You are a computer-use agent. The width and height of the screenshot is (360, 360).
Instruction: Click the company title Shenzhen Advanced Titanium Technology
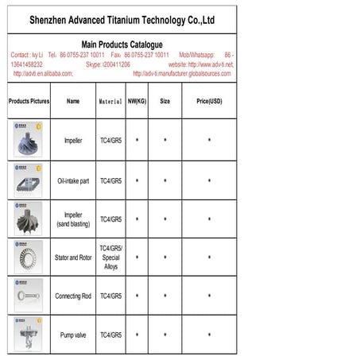pos(122,19)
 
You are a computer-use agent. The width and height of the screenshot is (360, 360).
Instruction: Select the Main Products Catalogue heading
pos(122,45)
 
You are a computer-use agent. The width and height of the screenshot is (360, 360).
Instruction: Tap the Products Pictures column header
pos(29,102)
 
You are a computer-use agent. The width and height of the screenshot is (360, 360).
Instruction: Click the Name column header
pos(73,102)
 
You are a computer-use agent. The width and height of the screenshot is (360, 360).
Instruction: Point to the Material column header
pos(110,102)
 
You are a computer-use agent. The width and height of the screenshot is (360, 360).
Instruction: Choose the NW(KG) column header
pos(137,102)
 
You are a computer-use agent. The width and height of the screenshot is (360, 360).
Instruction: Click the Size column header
pos(165,102)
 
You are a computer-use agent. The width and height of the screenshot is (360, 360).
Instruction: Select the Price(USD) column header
pos(209,102)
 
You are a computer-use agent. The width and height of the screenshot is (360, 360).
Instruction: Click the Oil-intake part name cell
pos(73,180)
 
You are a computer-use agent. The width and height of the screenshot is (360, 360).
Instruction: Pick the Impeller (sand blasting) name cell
pos(73,219)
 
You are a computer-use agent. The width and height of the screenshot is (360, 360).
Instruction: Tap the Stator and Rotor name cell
pos(73,257)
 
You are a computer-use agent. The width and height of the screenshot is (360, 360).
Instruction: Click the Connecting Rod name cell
pos(73,296)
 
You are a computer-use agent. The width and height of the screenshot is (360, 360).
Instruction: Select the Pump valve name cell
pos(73,335)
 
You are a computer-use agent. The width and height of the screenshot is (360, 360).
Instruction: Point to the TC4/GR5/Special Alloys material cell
pos(110,257)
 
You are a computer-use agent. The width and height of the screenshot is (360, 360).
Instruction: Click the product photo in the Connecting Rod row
pos(28,296)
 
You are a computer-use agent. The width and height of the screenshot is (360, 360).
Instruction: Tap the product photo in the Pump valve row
pos(28,335)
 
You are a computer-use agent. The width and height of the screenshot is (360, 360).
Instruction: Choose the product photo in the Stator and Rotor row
pos(28,257)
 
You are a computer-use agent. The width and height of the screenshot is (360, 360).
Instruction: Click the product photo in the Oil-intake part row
pos(28,180)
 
